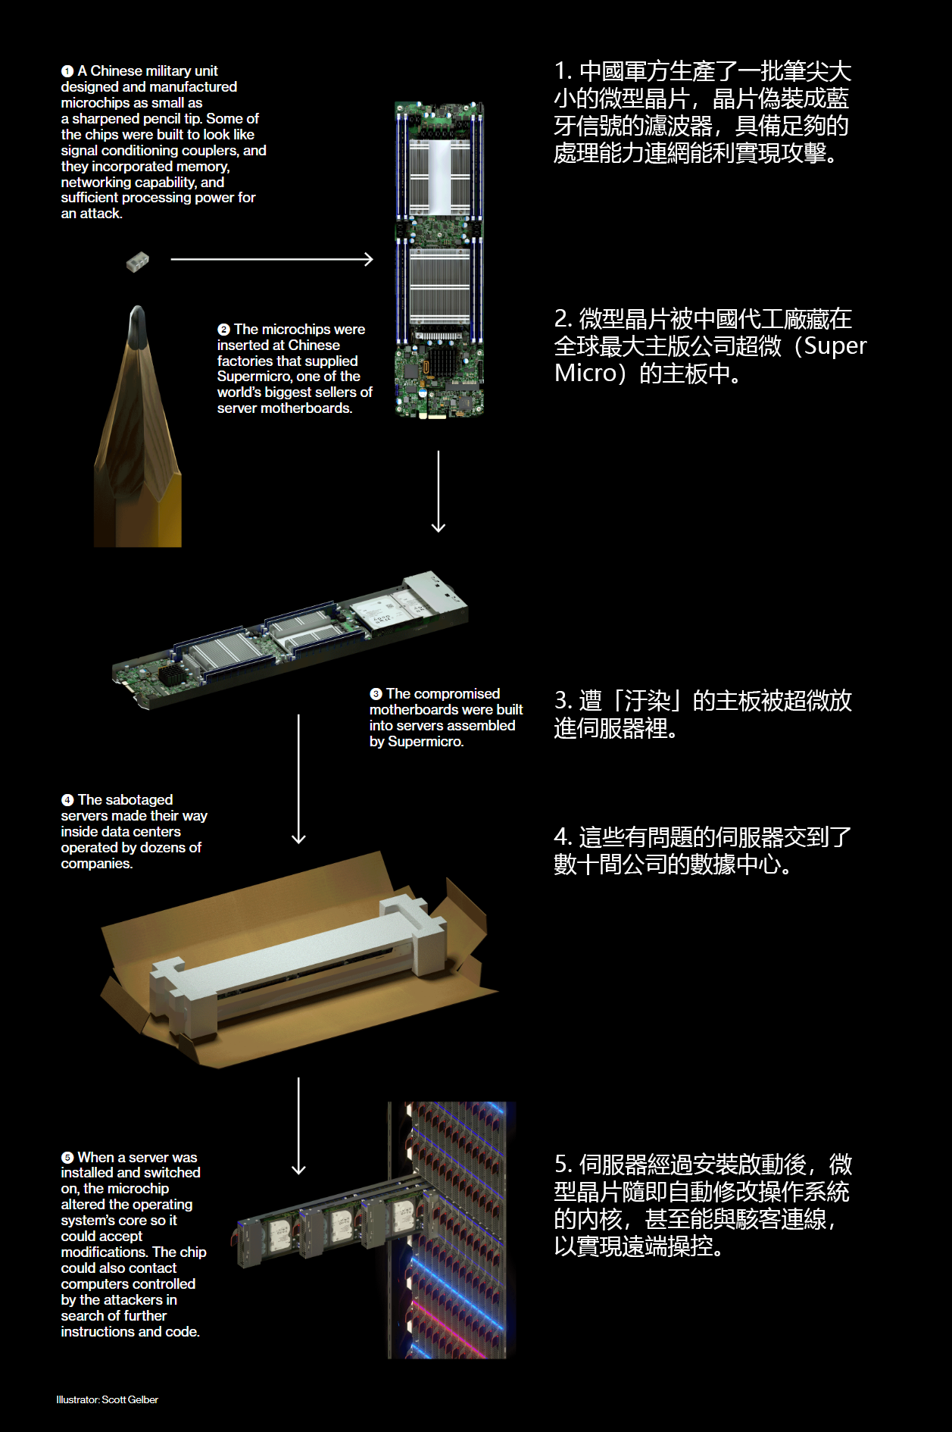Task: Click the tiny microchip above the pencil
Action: point(137,261)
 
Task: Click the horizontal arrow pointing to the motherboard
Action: point(272,259)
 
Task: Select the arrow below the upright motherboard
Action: point(439,491)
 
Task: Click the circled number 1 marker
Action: point(67,71)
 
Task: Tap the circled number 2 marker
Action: point(223,330)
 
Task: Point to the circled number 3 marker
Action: point(376,694)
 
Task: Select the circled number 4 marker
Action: point(67,800)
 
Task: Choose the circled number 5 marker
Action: point(67,1158)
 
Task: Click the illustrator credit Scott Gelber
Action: point(130,1399)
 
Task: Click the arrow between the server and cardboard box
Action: point(298,779)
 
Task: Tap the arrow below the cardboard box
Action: point(298,1126)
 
